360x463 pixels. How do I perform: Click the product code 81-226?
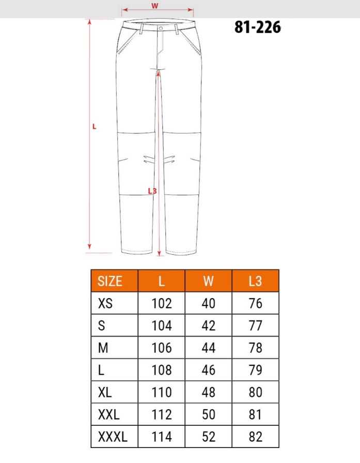(258, 27)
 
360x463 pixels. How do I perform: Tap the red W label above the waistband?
(154, 6)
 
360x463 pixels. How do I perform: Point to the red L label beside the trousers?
(95, 127)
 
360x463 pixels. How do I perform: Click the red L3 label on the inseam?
(152, 191)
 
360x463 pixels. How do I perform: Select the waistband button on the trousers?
(161, 28)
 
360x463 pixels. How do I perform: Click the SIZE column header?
(110, 281)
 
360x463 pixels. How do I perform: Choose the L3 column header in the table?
(255, 281)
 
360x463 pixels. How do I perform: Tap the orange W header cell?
(208, 281)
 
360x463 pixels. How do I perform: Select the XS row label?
(105, 303)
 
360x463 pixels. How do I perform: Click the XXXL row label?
(113, 437)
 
